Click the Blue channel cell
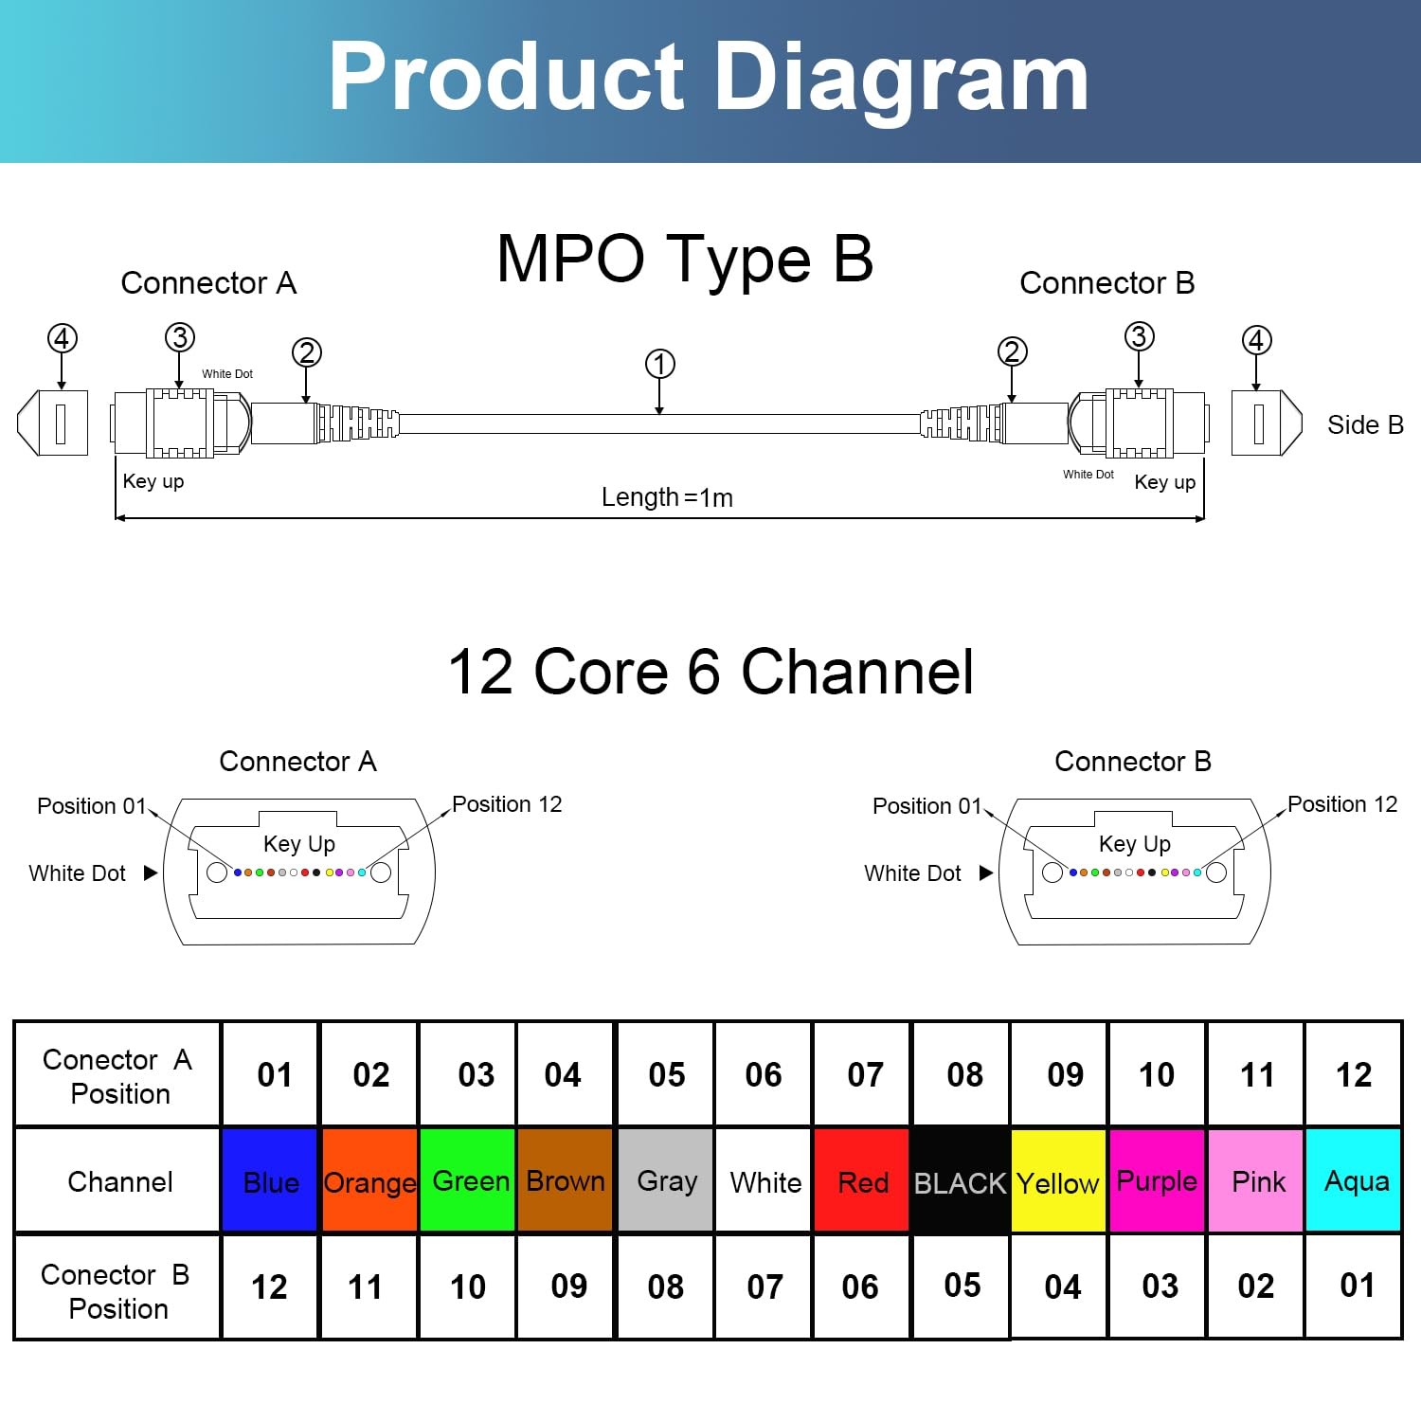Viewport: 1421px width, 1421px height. pyautogui.click(x=270, y=1180)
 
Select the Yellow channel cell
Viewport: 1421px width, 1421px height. pyautogui.click(x=1058, y=1180)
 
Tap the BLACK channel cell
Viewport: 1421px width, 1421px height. pyautogui.click(x=960, y=1180)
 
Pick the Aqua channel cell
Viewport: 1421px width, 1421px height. pyautogui.click(x=1354, y=1180)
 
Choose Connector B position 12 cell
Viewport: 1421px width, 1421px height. pyautogui.click(x=270, y=1286)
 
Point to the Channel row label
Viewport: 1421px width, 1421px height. pyautogui.click(x=120, y=1181)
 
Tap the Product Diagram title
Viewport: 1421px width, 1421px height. pyautogui.click(x=709, y=78)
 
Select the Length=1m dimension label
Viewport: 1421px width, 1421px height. pyautogui.click(x=667, y=497)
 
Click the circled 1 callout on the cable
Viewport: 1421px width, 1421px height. pyautogui.click(x=660, y=364)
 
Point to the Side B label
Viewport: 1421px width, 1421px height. pyautogui.click(x=1365, y=425)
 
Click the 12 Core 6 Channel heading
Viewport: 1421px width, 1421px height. pyautogui.click(x=710, y=672)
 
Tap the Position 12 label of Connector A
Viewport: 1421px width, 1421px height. pyautogui.click(x=507, y=804)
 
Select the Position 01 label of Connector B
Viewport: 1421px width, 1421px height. pyautogui.click(x=926, y=806)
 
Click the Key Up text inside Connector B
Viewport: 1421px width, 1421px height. pyautogui.click(x=1135, y=844)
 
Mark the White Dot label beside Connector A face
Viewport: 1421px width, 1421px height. pyautogui.click(x=77, y=873)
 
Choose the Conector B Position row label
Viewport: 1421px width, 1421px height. pyautogui.click(x=116, y=1291)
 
